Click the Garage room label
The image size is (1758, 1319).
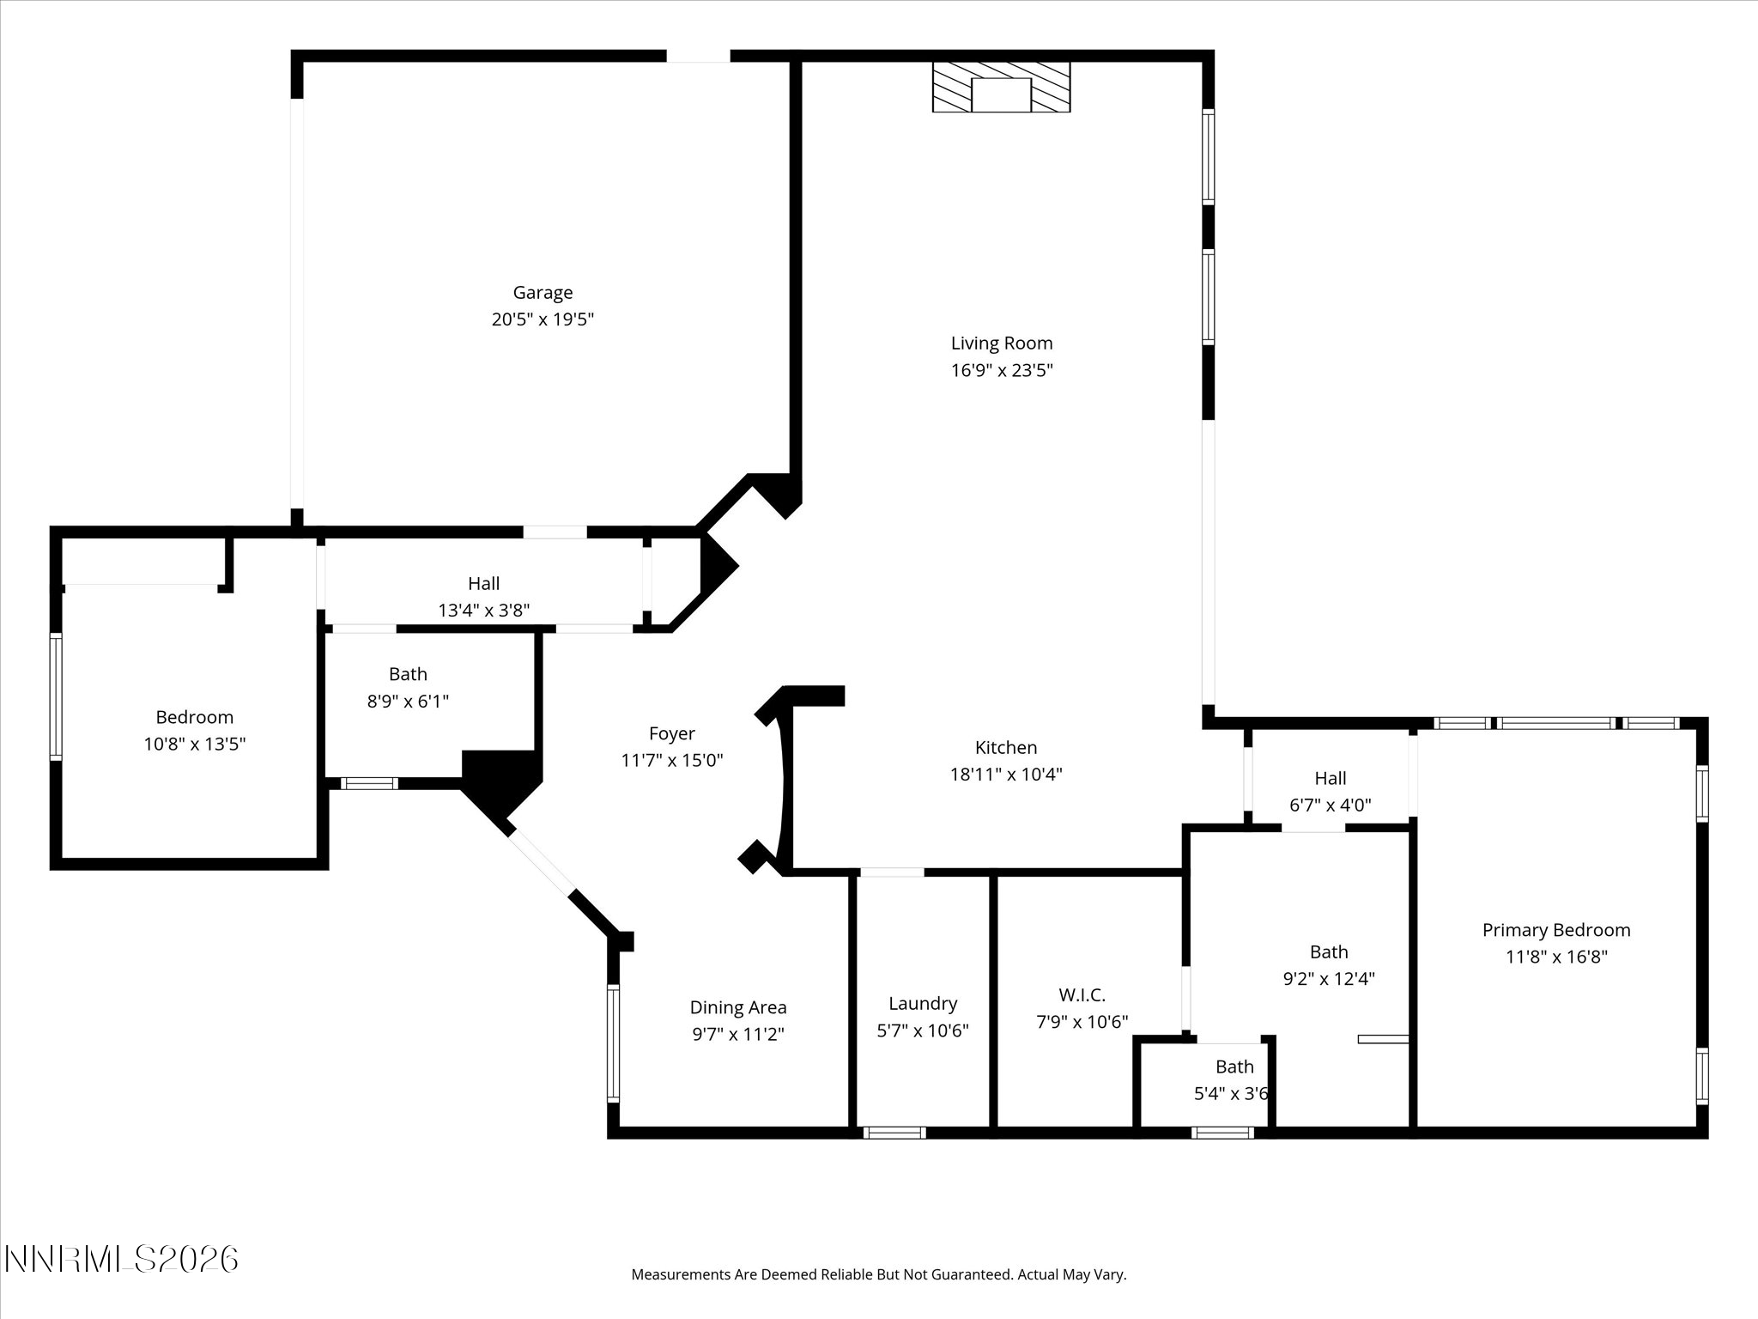[543, 293]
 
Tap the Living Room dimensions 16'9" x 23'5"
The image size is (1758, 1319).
[1001, 370]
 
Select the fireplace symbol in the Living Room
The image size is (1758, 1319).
[1001, 87]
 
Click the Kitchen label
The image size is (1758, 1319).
[1005, 747]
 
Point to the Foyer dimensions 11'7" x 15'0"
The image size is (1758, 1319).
[671, 760]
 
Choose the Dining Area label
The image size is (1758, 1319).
[737, 1007]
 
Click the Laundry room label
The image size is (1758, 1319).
[922, 1003]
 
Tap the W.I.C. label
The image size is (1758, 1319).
[1082, 994]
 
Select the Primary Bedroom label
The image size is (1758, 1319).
[1555, 929]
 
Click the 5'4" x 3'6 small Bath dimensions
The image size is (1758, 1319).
[1231, 1094]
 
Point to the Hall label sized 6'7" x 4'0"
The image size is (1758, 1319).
[1330, 778]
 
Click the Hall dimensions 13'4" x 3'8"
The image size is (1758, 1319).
[483, 611]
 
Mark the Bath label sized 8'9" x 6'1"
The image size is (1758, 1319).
[407, 674]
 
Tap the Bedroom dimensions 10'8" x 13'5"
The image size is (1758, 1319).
[194, 744]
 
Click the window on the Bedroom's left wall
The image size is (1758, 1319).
[56, 696]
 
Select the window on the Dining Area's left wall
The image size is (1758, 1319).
[613, 1042]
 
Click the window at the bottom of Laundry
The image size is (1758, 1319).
[894, 1133]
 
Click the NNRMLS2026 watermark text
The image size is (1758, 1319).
[121, 1260]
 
